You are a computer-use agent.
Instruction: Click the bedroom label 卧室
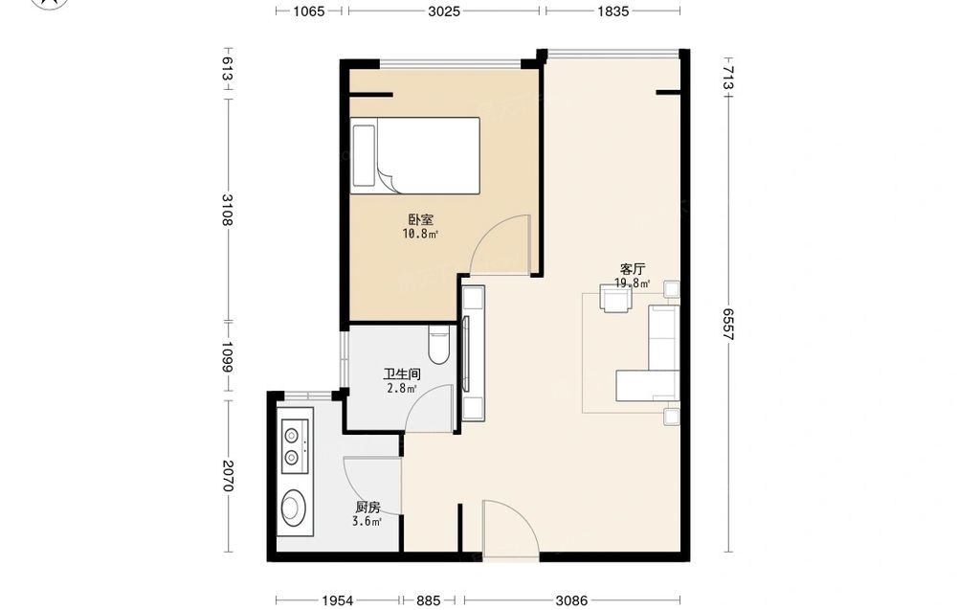(420, 220)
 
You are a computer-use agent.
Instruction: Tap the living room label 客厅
(633, 269)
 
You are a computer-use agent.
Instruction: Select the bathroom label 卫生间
(402, 374)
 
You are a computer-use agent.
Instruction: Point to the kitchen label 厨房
(367, 508)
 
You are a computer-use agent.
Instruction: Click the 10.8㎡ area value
(420, 234)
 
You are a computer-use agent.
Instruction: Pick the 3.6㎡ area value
(367, 522)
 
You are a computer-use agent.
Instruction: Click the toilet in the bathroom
(439, 345)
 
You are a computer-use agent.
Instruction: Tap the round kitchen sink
(294, 508)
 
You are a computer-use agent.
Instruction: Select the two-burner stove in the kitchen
(296, 446)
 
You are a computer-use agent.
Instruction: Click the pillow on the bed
(364, 156)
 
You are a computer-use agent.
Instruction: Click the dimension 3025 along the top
(444, 11)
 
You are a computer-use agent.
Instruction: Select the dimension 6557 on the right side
(728, 324)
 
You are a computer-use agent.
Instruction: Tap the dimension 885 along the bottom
(429, 600)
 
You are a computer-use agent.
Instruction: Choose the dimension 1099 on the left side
(227, 356)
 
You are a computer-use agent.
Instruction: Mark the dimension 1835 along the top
(613, 11)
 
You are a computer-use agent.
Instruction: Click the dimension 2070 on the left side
(227, 476)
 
